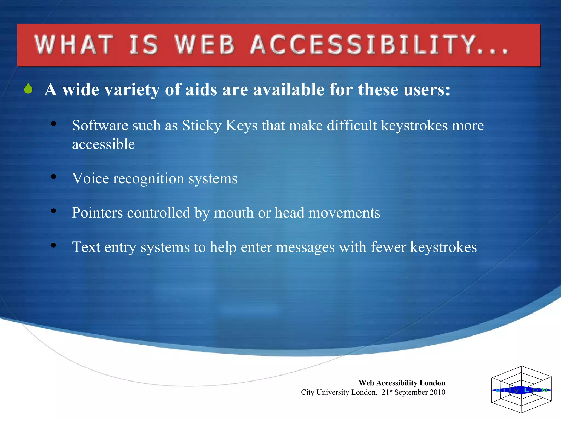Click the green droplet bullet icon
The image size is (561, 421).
(28, 88)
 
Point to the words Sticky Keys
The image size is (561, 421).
(220, 126)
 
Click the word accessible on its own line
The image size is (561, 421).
(103, 144)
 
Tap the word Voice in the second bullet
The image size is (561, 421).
(90, 178)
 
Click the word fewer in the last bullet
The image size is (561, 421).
(388, 247)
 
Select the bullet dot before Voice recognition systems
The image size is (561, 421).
(53, 177)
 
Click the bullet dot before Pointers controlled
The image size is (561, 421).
(53, 211)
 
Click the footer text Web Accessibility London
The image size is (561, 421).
(402, 383)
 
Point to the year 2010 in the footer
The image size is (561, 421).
(437, 392)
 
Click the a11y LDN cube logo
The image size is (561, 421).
(521, 389)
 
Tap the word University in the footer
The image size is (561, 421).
(333, 392)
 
